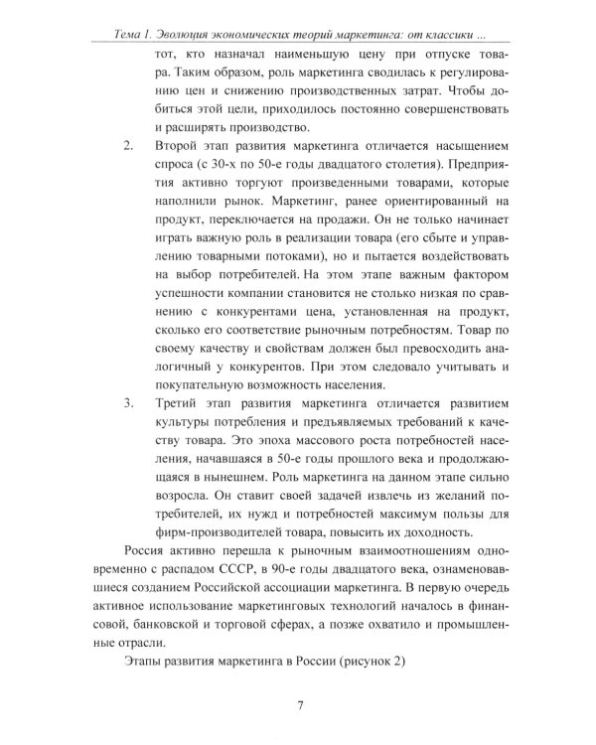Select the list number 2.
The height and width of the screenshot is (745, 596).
127,147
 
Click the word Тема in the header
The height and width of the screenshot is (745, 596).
132,35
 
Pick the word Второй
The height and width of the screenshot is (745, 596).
179,147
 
